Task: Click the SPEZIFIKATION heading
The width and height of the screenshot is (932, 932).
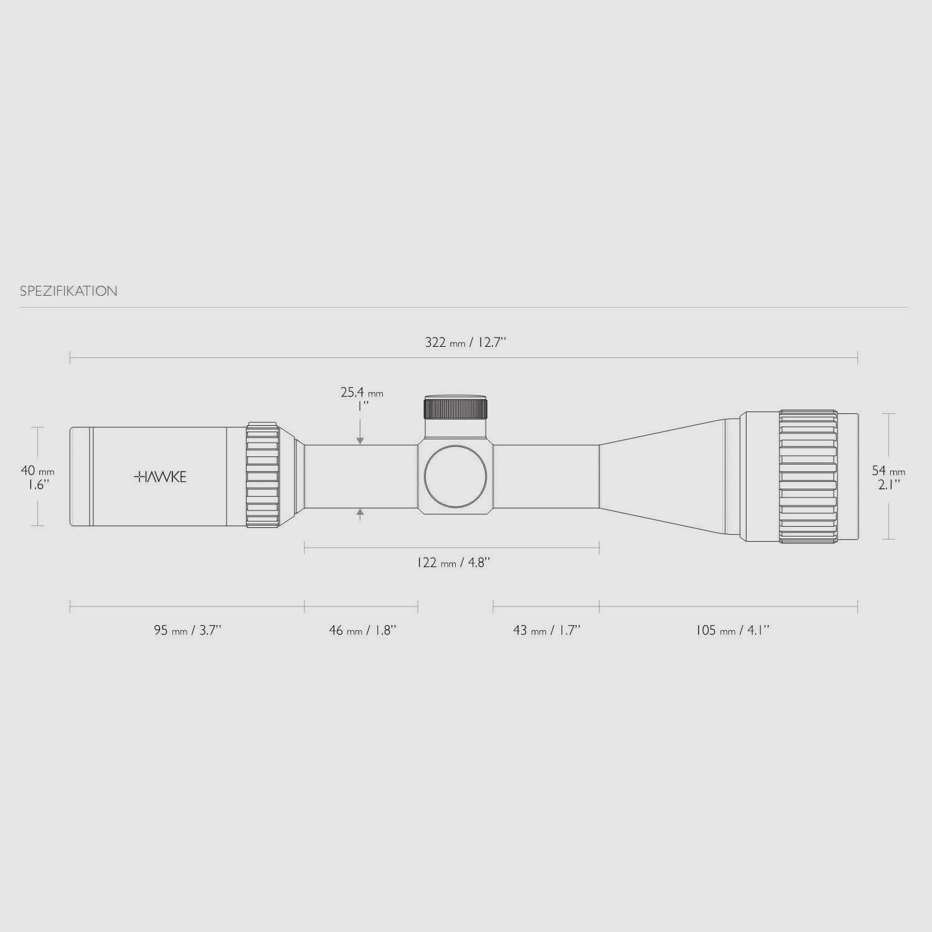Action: pos(68,291)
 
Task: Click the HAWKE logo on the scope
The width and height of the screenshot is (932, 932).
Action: pos(160,477)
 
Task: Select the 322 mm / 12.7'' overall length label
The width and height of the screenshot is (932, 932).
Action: pos(466,342)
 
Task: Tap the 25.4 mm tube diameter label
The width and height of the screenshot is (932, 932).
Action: pos(362,393)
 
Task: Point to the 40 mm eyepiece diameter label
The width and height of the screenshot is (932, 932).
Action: pos(37,471)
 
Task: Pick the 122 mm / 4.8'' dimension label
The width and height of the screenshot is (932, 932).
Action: pos(453,563)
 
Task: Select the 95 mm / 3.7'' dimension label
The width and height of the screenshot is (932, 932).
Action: pos(187,630)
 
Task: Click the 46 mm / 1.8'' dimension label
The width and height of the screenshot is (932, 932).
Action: pos(362,630)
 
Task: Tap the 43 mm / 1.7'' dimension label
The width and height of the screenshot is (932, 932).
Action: pos(547,630)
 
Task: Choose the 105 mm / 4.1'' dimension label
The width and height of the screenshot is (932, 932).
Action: pos(732,630)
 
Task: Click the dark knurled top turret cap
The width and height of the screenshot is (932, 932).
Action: pos(456,408)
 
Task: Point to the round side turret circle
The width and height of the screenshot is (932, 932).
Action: pos(455,477)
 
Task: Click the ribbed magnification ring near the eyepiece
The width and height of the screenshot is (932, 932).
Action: pos(262,476)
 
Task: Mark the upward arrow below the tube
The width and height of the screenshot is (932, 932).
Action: pos(360,513)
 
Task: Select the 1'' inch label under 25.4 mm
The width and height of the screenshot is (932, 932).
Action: pos(362,406)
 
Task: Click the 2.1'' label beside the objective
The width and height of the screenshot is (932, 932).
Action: pos(888,485)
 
